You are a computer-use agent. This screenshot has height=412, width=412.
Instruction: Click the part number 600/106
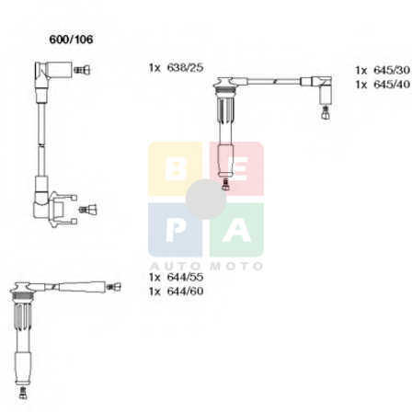[71, 40]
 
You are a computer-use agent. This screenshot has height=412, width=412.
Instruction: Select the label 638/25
[185, 67]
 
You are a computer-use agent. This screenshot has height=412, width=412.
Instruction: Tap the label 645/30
[392, 70]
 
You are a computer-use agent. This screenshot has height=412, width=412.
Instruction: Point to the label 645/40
[392, 84]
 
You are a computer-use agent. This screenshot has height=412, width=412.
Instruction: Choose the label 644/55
[185, 277]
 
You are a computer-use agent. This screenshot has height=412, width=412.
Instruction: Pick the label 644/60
[185, 291]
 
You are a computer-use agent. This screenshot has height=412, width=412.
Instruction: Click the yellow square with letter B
[175, 168]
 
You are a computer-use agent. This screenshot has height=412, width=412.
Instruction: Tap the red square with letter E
[236, 168]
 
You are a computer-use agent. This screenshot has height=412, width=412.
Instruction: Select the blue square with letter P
[175, 230]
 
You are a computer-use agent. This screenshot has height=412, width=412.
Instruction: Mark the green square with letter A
[236, 230]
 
